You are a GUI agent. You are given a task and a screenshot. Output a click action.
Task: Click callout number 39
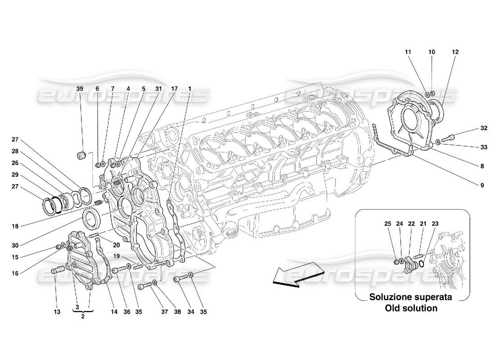click(80, 89)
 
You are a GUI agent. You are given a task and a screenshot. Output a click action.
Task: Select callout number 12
click(455, 52)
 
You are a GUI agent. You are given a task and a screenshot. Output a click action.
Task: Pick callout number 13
click(56, 311)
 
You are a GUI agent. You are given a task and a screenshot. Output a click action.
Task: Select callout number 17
click(174, 89)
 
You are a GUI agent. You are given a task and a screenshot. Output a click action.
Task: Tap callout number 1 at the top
click(190, 89)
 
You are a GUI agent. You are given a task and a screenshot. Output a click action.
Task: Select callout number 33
click(484, 147)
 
